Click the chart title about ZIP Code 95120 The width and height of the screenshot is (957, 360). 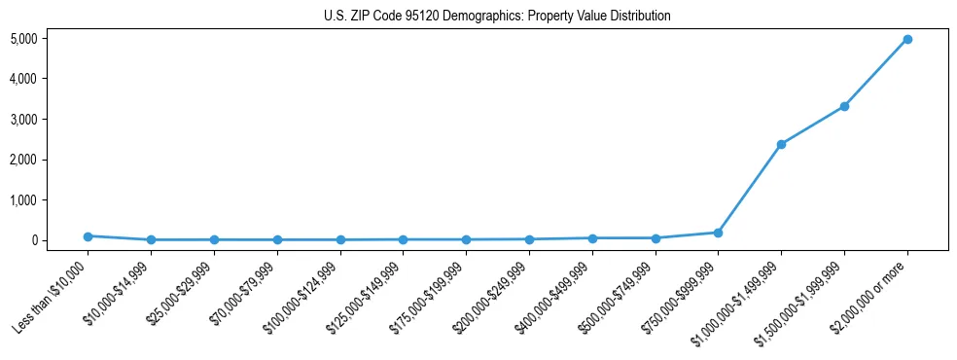click(x=497, y=17)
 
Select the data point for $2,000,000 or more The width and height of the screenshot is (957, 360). click(x=906, y=39)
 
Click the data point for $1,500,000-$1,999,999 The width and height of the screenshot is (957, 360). click(x=844, y=106)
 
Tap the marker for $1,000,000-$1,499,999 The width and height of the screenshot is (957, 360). click(x=781, y=144)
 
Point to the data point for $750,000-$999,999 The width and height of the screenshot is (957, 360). click(x=718, y=233)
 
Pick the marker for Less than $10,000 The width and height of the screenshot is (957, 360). click(x=88, y=236)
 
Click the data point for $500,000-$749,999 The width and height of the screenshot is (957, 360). click(x=656, y=238)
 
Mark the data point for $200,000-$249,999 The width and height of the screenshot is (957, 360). click(x=529, y=239)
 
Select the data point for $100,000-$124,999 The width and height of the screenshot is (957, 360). click(x=340, y=239)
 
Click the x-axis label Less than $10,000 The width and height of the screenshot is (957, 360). click(x=52, y=296)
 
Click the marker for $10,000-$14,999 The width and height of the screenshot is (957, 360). click(x=151, y=239)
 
